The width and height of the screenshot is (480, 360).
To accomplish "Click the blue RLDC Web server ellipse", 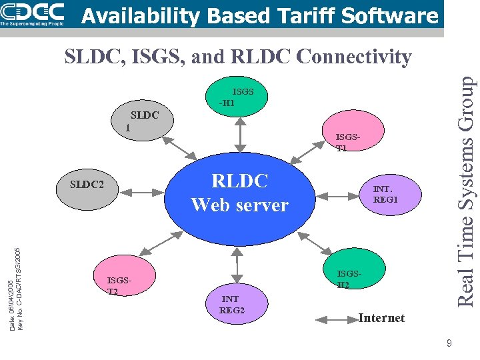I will pos(239,193).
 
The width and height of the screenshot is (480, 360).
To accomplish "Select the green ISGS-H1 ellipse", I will pos(239,97).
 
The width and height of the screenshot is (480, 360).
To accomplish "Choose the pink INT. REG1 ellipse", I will pos(386,194).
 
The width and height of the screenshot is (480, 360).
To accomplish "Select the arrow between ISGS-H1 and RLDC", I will pos(239,136).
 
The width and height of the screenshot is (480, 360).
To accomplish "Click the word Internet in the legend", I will pos(381,318).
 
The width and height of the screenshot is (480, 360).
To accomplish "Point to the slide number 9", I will pos(449,343).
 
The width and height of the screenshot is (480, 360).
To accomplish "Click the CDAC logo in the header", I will pos(33,13).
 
